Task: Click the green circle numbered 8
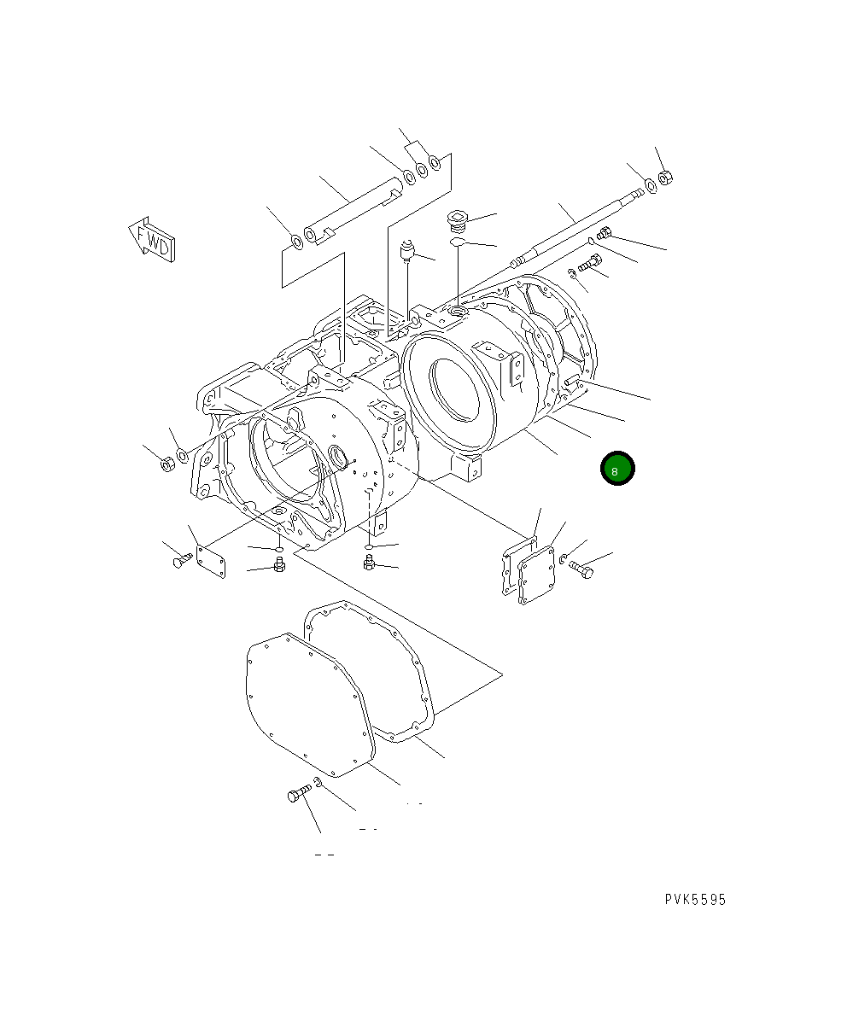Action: coord(616,469)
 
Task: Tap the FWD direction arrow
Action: coord(151,239)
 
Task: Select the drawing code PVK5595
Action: coord(696,900)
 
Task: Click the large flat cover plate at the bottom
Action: coord(307,705)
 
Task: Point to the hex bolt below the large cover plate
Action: coord(297,795)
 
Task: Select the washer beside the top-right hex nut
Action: coord(651,186)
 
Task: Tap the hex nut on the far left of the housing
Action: coord(168,464)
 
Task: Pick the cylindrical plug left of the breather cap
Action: coord(408,251)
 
